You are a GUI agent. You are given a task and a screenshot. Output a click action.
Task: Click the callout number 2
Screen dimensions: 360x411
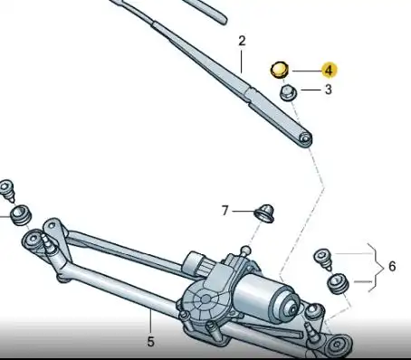242,41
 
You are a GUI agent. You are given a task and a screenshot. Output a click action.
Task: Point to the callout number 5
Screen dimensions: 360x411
150,341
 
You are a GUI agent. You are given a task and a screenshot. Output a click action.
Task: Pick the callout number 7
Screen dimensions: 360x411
225,211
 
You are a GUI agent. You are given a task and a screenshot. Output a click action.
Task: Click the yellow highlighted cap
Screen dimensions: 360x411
280,69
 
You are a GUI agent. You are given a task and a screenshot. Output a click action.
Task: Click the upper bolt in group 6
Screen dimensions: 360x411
320,258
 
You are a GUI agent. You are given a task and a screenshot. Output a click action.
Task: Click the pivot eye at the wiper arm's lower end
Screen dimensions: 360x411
306,138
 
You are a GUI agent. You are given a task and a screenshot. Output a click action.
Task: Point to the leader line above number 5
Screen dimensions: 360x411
150,321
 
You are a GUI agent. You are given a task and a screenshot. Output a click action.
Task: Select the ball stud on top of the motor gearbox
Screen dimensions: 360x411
244,251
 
